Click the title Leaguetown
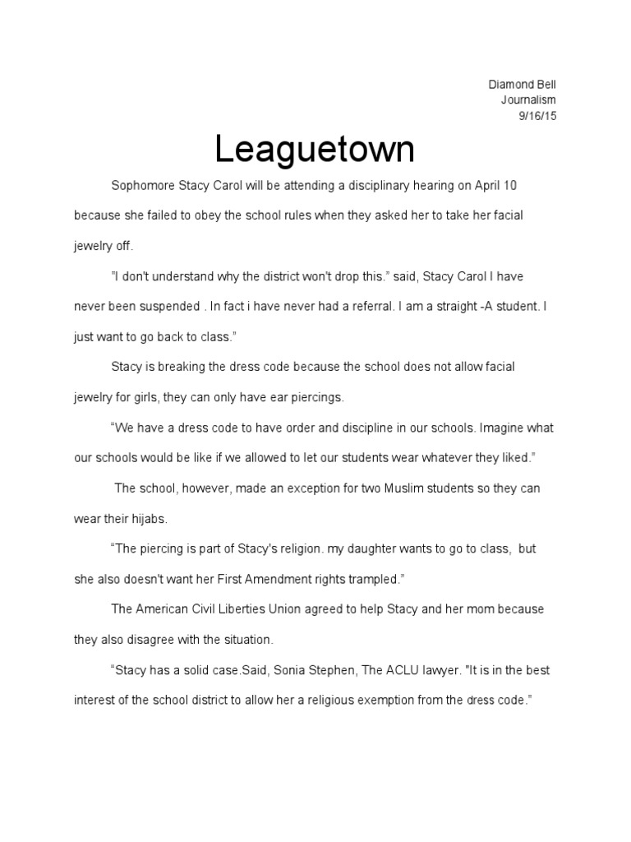(x=315, y=150)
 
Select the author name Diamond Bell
(x=523, y=85)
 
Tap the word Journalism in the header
(x=529, y=100)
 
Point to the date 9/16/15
(x=537, y=116)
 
